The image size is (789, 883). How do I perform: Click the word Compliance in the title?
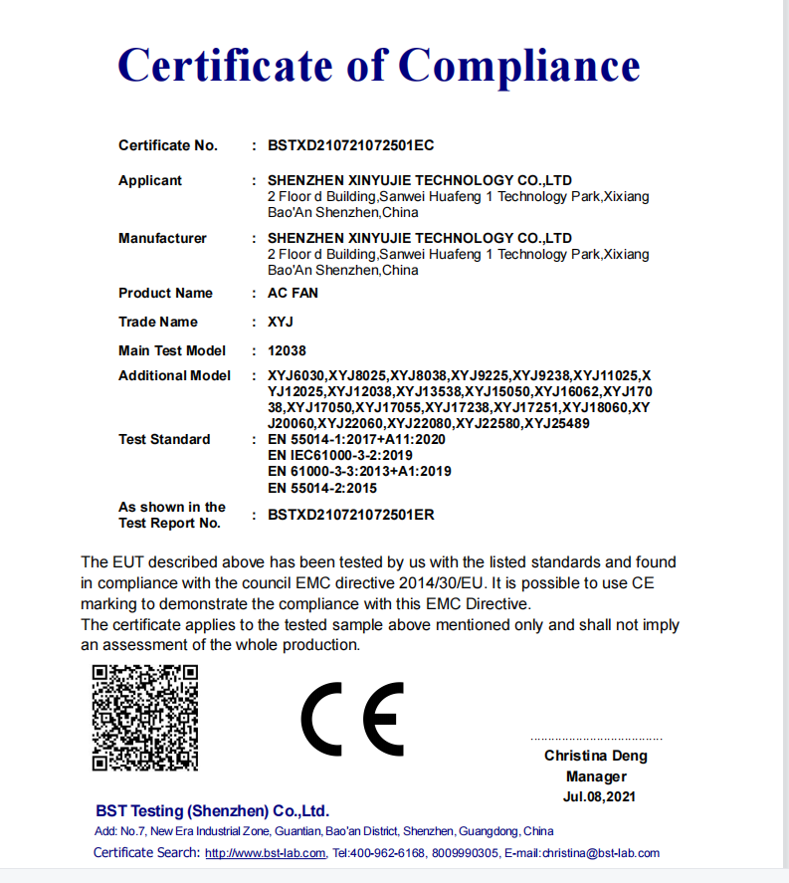519,67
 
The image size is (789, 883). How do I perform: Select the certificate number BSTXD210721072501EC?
350,145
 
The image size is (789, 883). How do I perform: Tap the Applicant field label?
150,180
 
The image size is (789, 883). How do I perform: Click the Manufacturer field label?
162,238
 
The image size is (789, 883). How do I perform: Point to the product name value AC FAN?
293,293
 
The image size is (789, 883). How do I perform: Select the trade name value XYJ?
281,322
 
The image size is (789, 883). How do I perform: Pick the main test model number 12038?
289,350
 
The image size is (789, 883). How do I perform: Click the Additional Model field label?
174,375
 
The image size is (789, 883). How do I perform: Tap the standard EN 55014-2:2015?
322,488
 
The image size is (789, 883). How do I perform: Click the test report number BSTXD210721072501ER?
350,515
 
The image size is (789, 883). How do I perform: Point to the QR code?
145,717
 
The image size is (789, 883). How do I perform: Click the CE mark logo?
352,719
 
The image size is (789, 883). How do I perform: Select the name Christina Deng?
595,756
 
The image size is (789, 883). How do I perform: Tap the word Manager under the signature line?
596,776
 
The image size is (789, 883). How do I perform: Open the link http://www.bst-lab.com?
265,853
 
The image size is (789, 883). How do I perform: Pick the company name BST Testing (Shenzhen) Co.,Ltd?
212,810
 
